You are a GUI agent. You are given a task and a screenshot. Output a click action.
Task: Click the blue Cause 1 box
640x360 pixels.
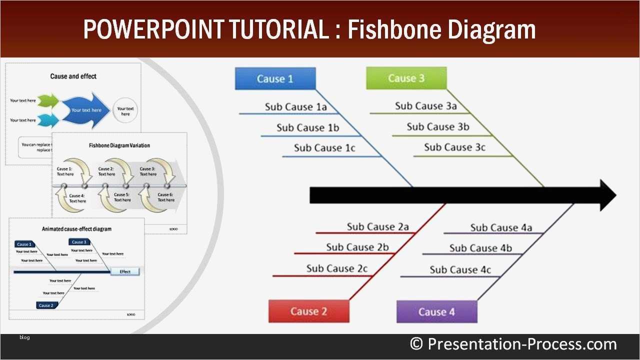275,78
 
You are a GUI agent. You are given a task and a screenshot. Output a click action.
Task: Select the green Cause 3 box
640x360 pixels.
406,78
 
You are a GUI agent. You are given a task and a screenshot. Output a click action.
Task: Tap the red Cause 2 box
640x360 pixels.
308,311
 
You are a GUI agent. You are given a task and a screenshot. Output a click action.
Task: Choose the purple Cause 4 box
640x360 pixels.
436,312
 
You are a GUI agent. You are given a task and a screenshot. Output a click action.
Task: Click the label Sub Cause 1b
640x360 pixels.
307,128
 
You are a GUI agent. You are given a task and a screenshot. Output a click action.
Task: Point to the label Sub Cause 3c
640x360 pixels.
454,147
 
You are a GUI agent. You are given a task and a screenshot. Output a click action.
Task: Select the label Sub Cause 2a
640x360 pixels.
377,227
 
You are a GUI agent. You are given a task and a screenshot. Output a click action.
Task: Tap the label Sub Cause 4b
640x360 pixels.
480,248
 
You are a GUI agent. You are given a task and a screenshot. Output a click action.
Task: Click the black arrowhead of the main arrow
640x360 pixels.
607,195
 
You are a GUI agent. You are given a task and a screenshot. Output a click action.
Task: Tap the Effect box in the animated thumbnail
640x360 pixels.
125,271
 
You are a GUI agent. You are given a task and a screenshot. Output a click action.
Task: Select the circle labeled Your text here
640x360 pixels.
125,110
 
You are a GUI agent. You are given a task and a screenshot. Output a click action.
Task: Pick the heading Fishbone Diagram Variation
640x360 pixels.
119,145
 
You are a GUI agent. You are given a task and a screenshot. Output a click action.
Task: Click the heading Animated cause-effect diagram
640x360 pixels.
76,229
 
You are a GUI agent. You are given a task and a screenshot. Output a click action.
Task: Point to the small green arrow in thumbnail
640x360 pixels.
48,101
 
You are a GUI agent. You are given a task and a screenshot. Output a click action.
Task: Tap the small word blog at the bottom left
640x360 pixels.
24,337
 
